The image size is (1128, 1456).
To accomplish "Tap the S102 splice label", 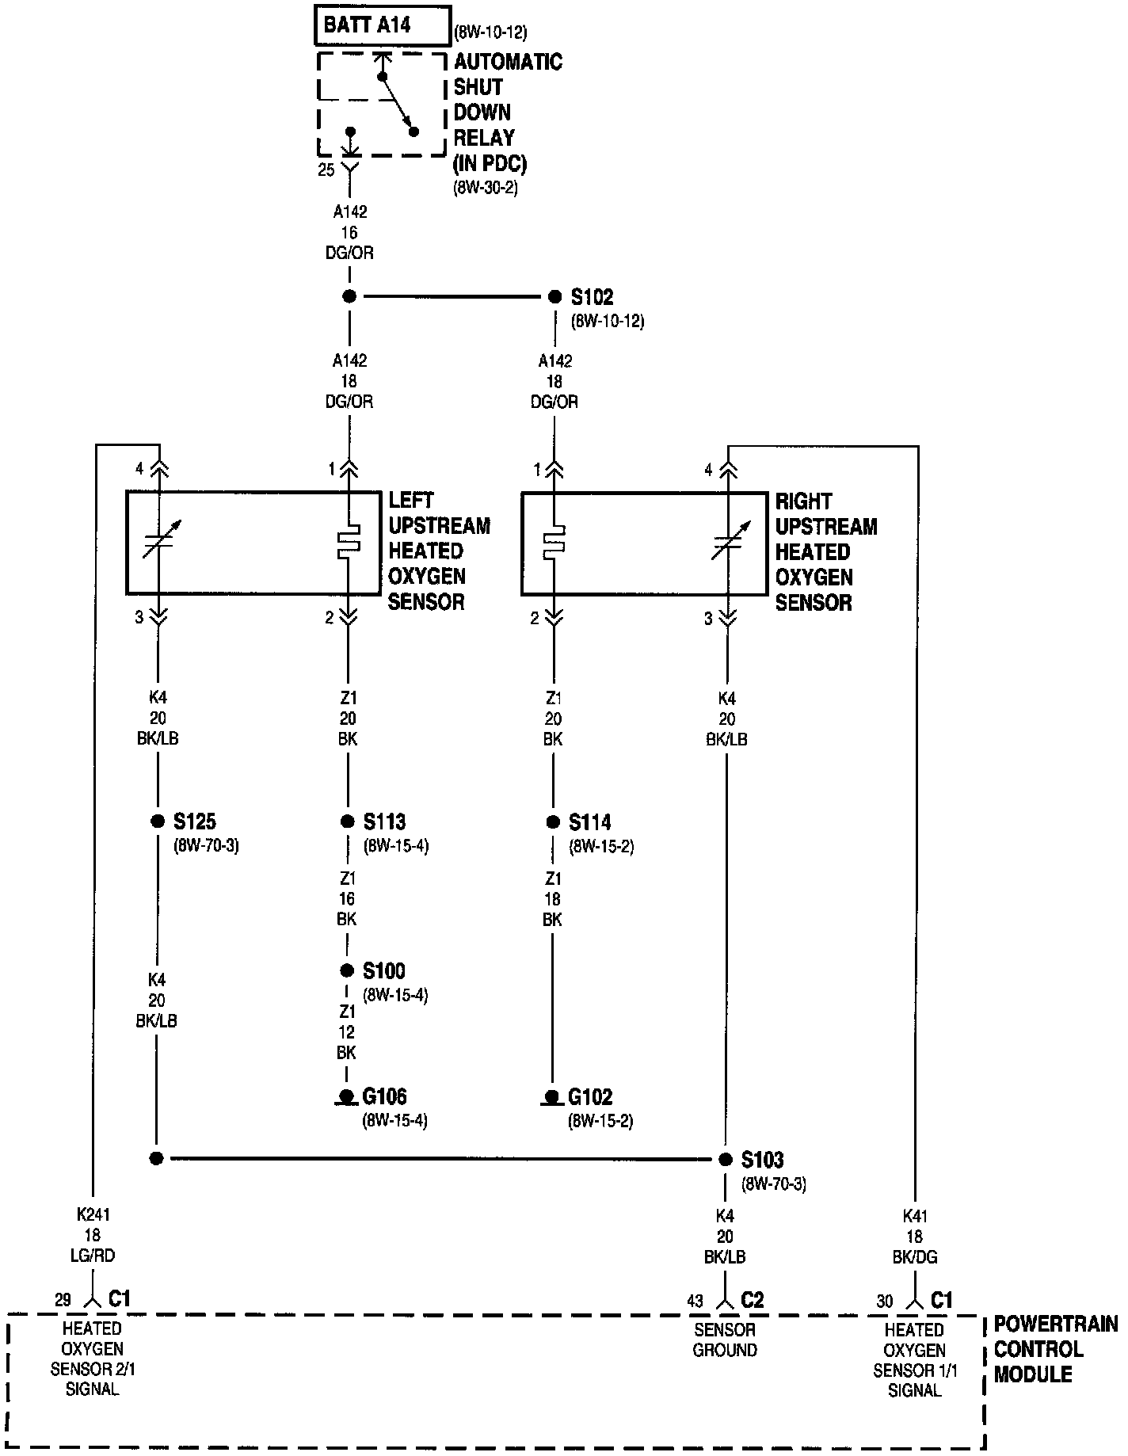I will click(x=592, y=298).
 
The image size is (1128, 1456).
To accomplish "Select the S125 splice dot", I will click(x=157, y=821).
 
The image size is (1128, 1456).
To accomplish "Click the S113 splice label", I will click(x=384, y=821).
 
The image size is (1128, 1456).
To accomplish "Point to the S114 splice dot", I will click(x=553, y=821).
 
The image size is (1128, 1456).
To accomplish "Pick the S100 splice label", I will click(x=384, y=970).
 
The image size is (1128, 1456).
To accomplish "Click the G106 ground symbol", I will click(x=346, y=1098).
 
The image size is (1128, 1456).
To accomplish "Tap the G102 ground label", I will click(x=590, y=1097).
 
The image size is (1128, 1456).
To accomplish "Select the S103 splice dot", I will click(x=726, y=1160).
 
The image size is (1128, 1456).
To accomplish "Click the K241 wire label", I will click(x=93, y=1235).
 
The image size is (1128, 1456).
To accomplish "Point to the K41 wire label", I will click(x=915, y=1236).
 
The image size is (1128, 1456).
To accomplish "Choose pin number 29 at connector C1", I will click(x=63, y=1300).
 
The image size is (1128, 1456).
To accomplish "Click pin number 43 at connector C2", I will click(x=695, y=1301).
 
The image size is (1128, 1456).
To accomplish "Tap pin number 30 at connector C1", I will click(x=885, y=1301).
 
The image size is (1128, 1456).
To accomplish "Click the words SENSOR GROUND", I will click(x=725, y=1340).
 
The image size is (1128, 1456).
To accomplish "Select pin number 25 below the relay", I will click(x=326, y=170).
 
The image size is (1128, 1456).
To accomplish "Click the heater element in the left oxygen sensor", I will click(x=349, y=542).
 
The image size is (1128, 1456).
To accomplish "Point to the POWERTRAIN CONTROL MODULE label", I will click(x=1055, y=1348).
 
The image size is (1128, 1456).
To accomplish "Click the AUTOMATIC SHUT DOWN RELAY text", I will click(x=507, y=112).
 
